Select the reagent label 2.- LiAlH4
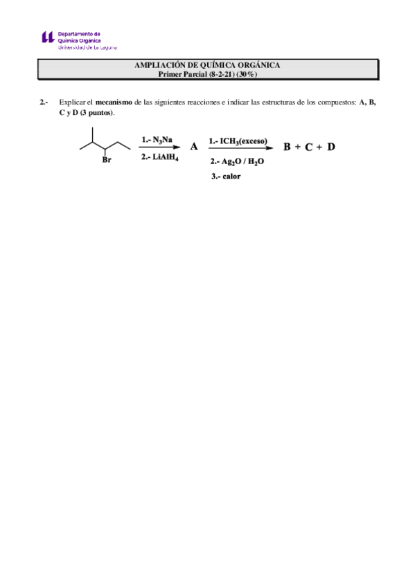(x=159, y=157)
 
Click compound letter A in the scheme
(x=194, y=147)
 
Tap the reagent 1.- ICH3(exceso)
(x=238, y=140)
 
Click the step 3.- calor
(x=227, y=177)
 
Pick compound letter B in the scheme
(x=287, y=147)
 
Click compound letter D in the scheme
(x=331, y=147)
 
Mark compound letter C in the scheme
(x=309, y=147)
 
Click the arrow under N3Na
(x=159, y=147)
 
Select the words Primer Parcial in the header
(x=182, y=73)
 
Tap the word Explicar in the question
(x=71, y=102)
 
